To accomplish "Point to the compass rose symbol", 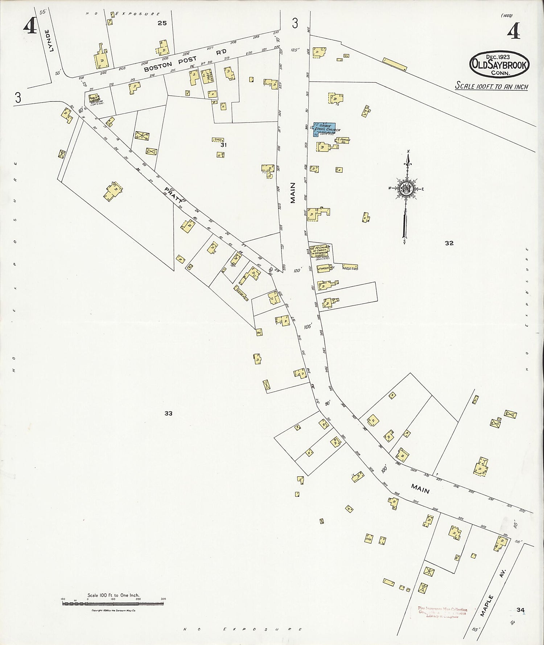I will (407, 189).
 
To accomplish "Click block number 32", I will (449, 243).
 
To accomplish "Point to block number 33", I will (168, 413).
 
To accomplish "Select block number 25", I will (162, 23).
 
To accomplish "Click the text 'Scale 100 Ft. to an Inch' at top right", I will (491, 87).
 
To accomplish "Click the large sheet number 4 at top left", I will (30, 26).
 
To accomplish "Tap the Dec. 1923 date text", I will (498, 57).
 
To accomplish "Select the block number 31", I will (223, 145).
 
